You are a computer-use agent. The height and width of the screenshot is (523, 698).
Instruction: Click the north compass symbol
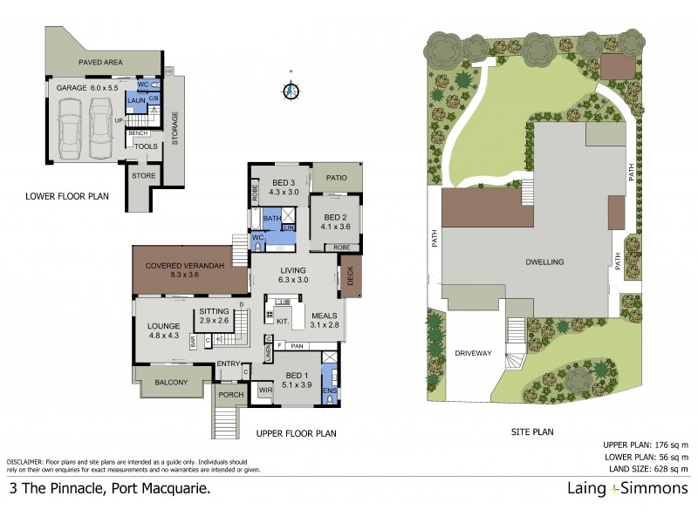click(x=292, y=90)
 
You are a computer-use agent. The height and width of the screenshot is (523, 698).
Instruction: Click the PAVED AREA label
click(x=101, y=63)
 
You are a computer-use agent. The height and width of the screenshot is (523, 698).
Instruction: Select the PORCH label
click(x=231, y=394)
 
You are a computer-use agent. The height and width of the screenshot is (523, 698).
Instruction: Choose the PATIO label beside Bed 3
click(x=337, y=178)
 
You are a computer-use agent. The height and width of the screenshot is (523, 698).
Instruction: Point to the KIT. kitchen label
click(x=283, y=322)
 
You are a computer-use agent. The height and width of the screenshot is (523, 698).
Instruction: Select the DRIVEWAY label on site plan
click(x=473, y=353)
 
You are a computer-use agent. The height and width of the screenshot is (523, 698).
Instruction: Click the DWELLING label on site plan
click(x=544, y=261)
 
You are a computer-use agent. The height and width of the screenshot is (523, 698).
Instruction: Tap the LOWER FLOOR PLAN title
click(x=67, y=197)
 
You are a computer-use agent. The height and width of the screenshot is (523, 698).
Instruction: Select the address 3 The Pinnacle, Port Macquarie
click(x=109, y=490)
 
